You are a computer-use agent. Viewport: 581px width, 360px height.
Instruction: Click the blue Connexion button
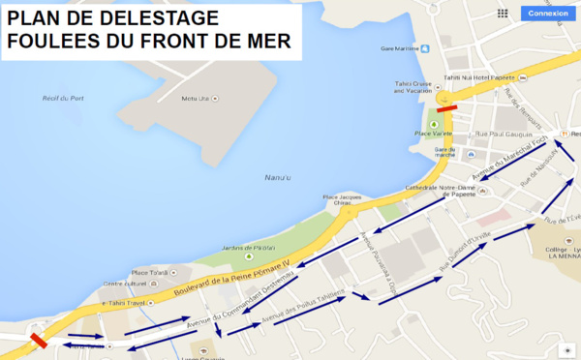(549, 14)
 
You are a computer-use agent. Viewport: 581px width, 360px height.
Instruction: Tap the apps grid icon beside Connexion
(502, 14)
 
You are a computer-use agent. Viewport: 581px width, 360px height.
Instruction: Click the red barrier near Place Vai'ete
(446, 109)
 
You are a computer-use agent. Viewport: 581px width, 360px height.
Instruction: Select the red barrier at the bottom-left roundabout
(39, 341)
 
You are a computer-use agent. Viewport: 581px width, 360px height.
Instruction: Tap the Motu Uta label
(197, 99)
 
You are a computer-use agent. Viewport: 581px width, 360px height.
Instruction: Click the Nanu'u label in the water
(278, 177)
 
